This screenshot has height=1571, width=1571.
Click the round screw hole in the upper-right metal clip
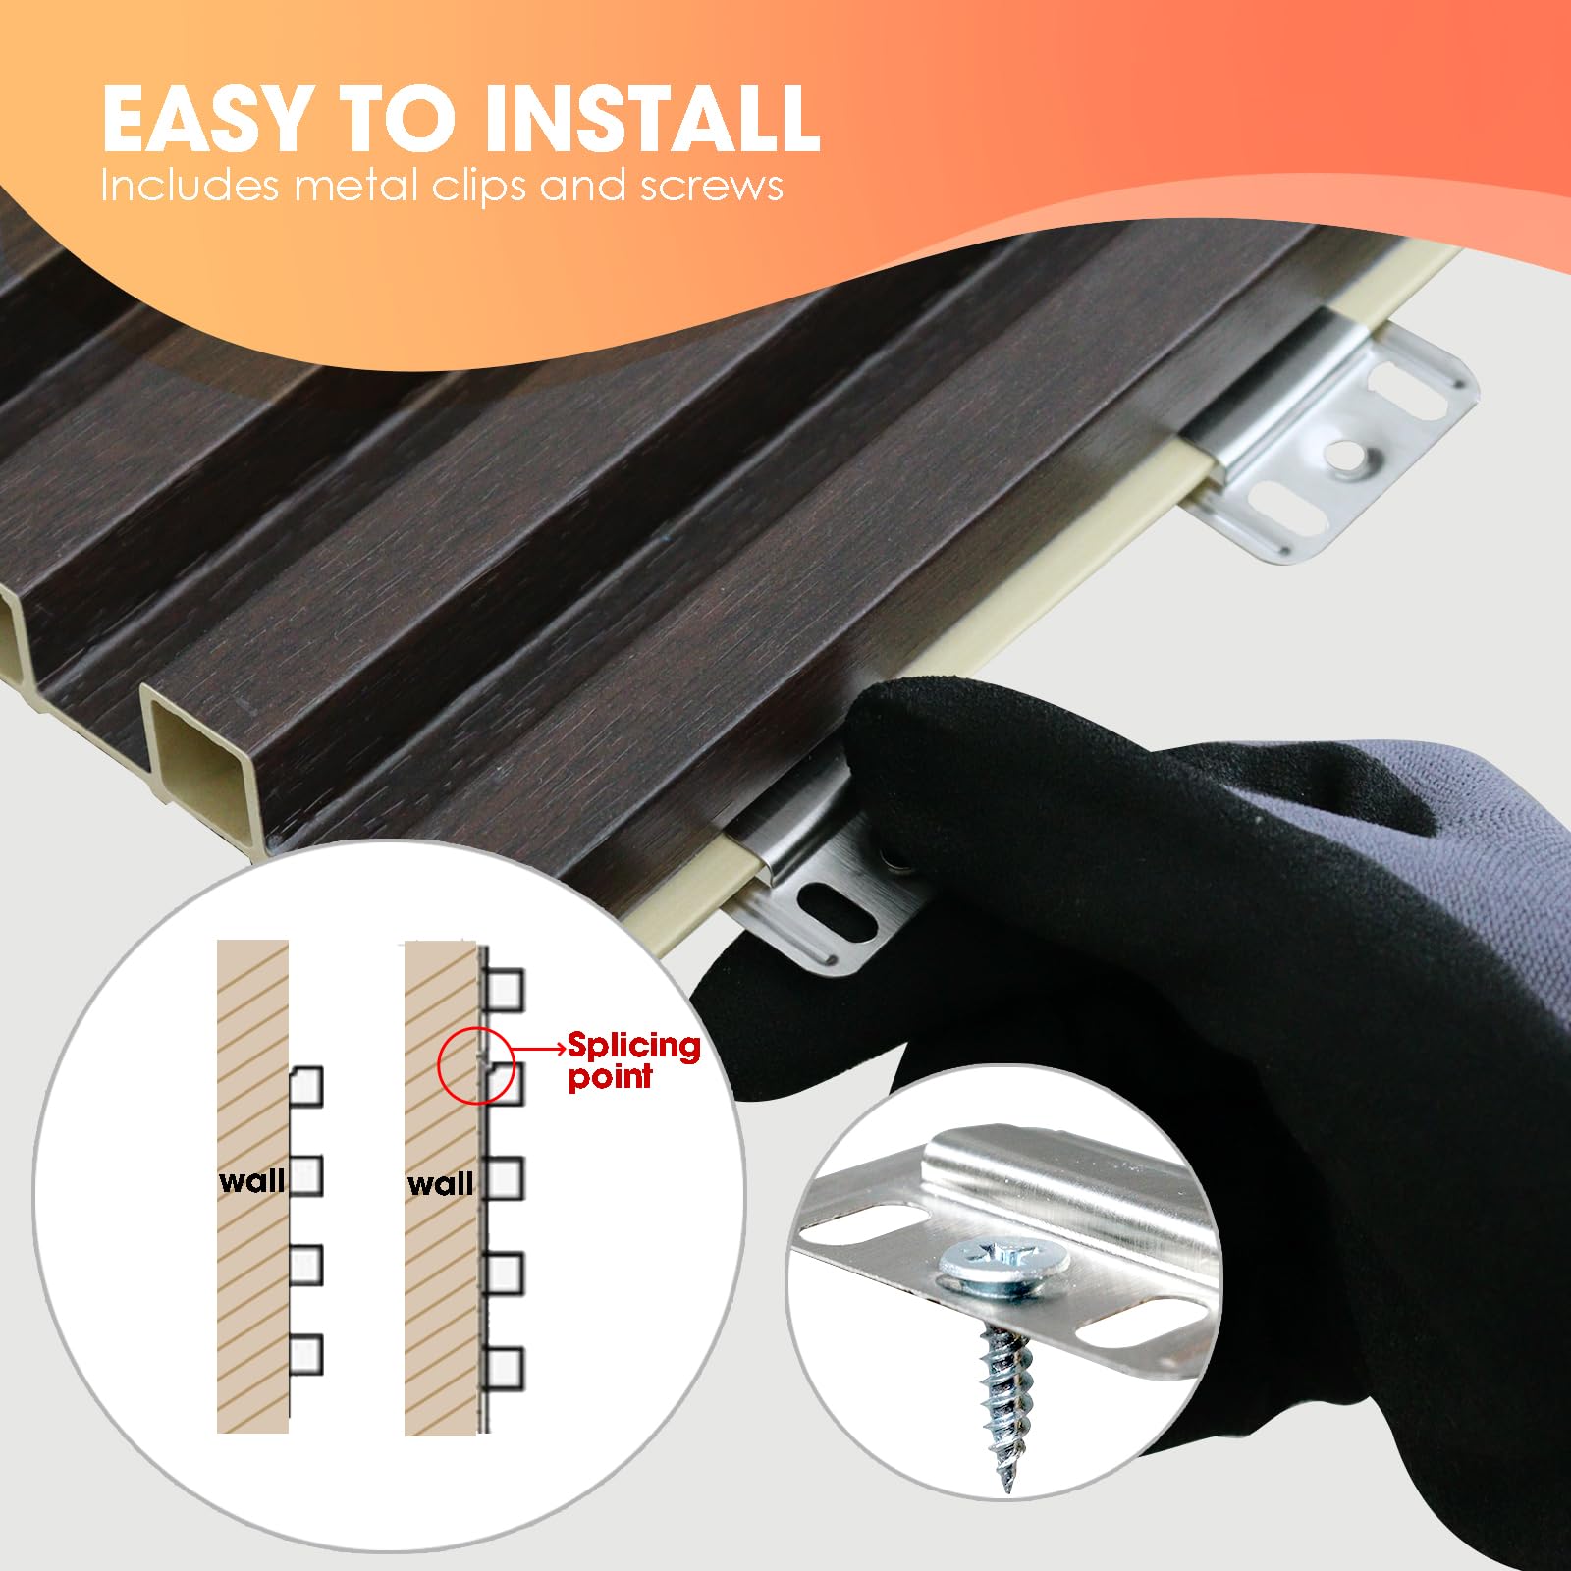click(x=1347, y=453)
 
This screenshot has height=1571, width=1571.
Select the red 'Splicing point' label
click(x=634, y=1060)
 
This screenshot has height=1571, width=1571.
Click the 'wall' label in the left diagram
click(x=251, y=1179)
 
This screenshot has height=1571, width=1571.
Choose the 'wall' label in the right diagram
click(x=440, y=1183)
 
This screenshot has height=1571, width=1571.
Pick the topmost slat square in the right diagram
click(x=505, y=991)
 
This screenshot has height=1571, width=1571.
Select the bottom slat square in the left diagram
click(x=305, y=1355)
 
